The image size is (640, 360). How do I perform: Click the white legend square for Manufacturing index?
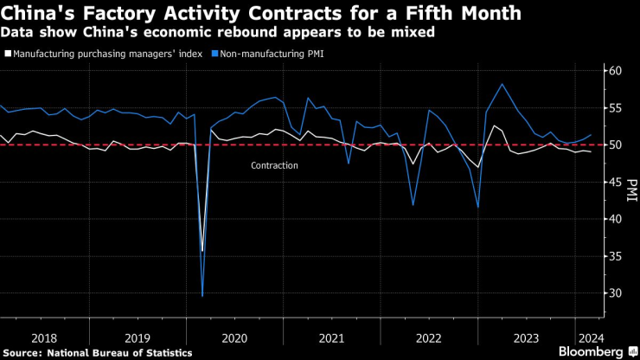click(8, 54)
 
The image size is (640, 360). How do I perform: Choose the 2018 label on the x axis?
click(45, 338)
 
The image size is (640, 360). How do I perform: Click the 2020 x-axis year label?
click(234, 338)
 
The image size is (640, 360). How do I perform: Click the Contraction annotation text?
click(274, 165)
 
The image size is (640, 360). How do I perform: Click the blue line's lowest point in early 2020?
click(202, 296)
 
